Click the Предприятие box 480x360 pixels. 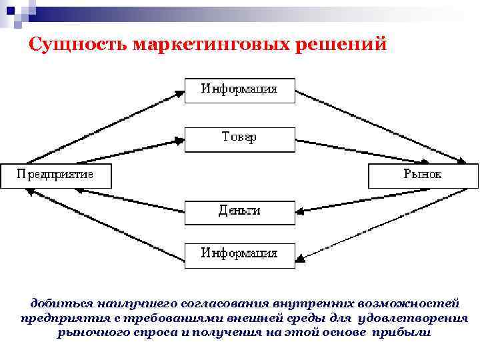pyautogui.click(x=56, y=175)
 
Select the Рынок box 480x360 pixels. pyautogui.click(x=423, y=175)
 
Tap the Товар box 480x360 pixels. pyautogui.click(x=239, y=139)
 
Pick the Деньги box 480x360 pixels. pyautogui.click(x=239, y=211)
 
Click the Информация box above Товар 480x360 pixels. pyautogui.click(x=239, y=89)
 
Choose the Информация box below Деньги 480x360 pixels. pyautogui.click(x=239, y=255)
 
